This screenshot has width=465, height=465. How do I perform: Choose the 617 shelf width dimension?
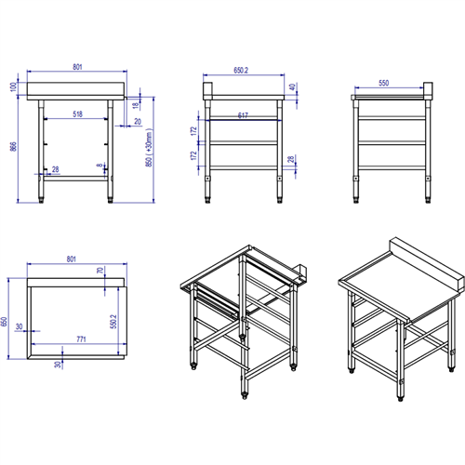(x=243, y=114)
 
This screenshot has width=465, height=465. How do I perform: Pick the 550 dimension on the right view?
(x=390, y=84)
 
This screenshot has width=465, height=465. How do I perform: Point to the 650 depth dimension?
(x=7, y=322)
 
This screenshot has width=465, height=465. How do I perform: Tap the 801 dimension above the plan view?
(x=78, y=261)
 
